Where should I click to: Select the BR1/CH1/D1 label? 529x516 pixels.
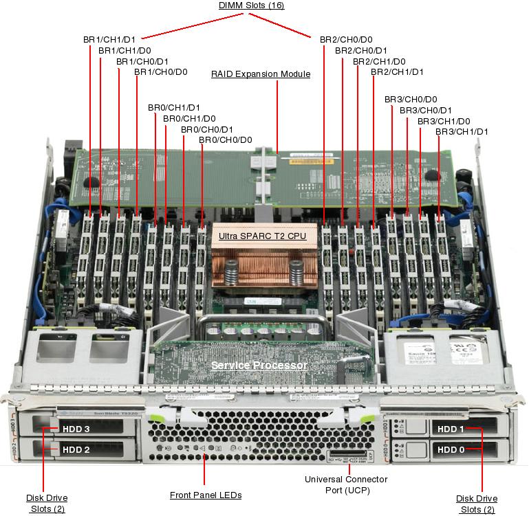[109, 40]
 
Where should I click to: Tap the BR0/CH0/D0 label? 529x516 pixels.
[226, 140]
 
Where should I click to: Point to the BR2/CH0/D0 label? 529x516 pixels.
[346, 40]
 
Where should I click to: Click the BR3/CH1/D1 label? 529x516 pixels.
[462, 131]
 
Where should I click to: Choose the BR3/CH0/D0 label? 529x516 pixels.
[411, 100]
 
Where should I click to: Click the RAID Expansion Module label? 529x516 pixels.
[261, 74]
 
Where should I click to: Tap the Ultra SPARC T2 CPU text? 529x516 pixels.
[262, 236]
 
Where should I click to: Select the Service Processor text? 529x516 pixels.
[259, 365]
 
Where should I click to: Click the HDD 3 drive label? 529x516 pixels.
[76, 429]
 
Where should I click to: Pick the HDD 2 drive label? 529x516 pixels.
[76, 450]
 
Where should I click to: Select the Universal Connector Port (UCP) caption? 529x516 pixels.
[346, 484]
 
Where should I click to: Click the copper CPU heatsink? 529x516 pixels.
[264, 265]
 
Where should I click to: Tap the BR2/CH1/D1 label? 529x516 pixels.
[397, 71]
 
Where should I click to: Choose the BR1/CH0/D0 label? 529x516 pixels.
[160, 71]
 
